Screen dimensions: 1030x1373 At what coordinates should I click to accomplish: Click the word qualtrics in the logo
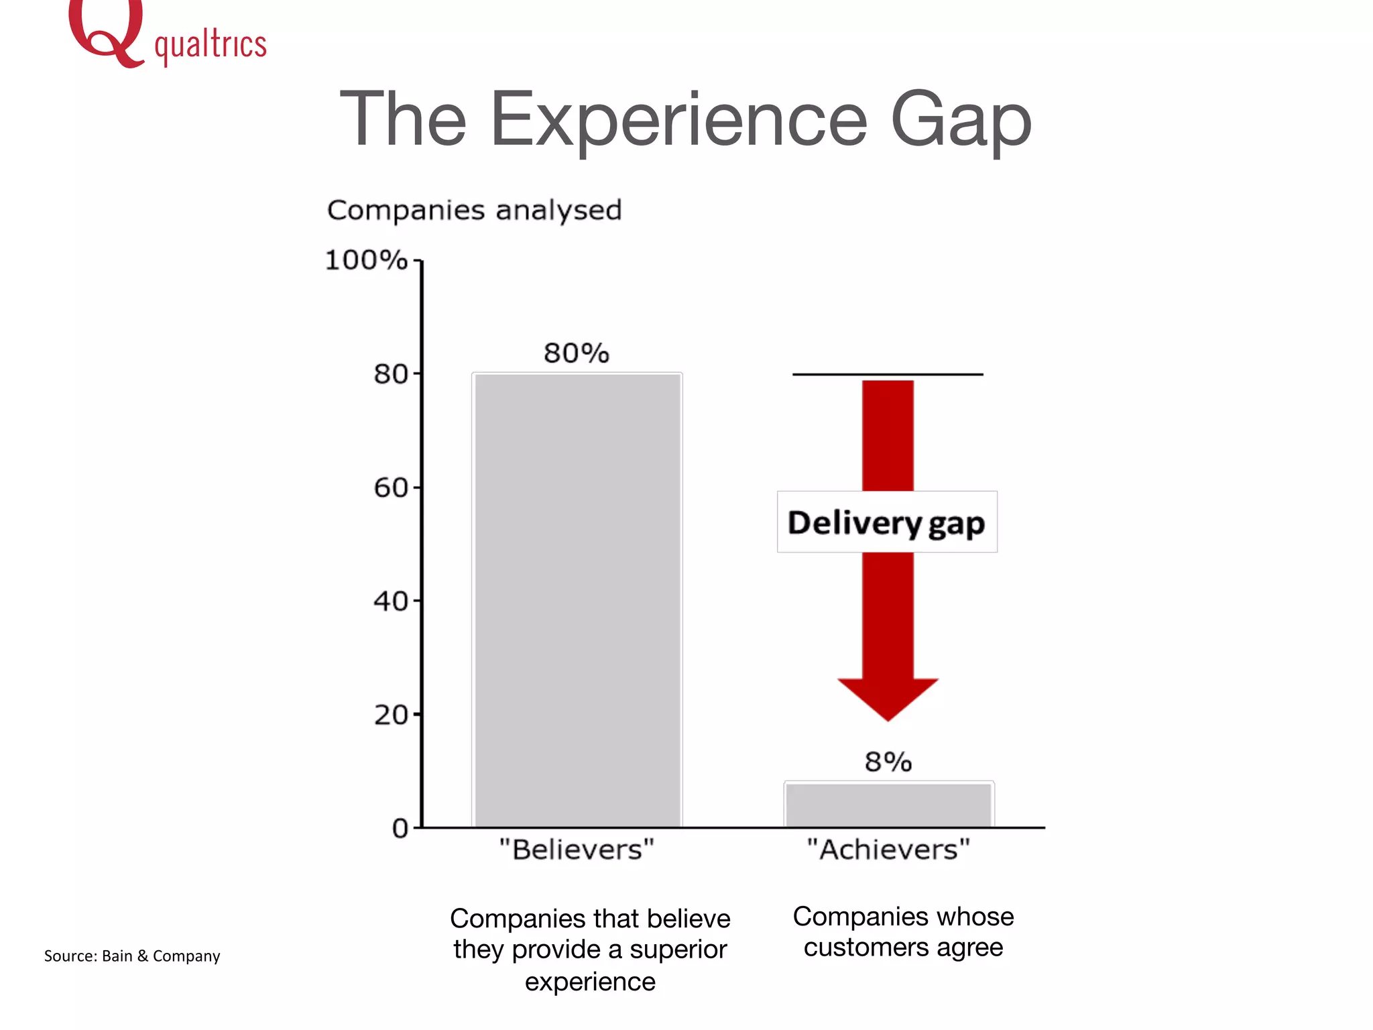coord(210,46)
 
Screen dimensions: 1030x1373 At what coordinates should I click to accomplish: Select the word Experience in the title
coord(678,121)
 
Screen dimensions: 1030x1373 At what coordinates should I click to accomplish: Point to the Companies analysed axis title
coord(474,211)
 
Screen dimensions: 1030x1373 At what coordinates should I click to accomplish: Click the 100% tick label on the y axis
coord(366,260)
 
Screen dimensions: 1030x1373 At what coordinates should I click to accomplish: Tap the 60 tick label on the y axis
coord(391,488)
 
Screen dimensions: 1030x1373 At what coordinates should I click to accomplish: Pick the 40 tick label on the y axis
coord(391,602)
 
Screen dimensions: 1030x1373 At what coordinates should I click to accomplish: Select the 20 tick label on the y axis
coord(391,716)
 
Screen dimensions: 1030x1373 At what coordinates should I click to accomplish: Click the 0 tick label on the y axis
coord(400,829)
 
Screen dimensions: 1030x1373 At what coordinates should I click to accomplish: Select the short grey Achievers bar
coord(888,805)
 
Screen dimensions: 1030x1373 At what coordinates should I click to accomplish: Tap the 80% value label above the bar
coord(577,353)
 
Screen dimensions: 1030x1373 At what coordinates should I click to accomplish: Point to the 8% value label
coord(888,762)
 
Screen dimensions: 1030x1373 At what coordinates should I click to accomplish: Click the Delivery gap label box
coord(886,522)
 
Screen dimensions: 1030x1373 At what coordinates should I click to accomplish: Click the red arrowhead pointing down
coord(888,697)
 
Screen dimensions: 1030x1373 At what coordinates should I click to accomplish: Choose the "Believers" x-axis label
coord(577,850)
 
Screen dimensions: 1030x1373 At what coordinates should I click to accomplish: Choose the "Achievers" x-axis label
coord(888,850)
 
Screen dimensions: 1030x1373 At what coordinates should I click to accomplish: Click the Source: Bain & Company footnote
coord(132,956)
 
